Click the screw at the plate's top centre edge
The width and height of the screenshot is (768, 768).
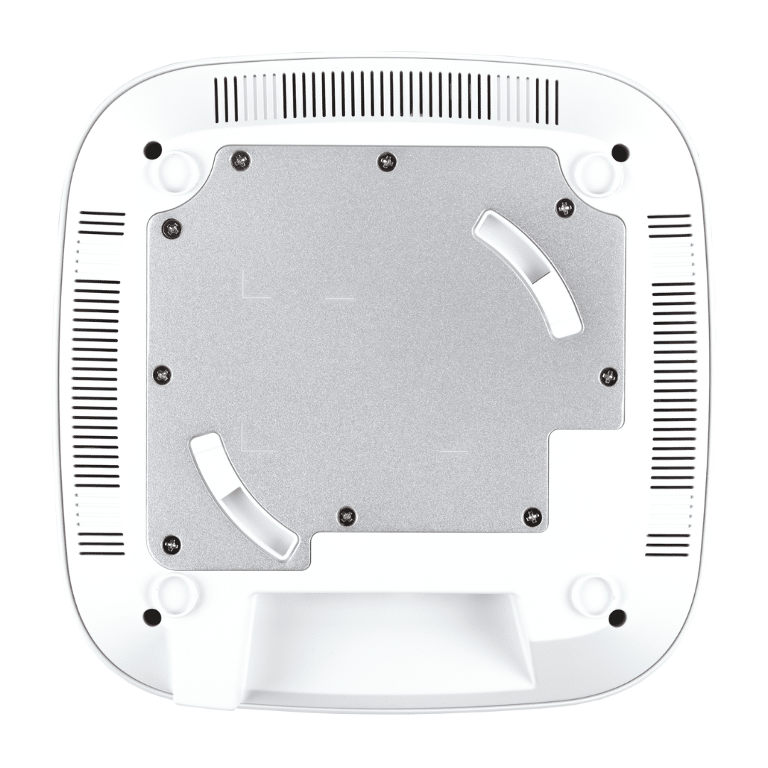point(386,162)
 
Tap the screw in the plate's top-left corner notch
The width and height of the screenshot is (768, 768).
point(241,161)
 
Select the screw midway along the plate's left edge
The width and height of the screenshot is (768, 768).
point(162,374)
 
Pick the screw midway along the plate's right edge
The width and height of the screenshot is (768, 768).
point(609,376)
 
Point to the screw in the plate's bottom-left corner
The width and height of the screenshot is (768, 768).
point(171,545)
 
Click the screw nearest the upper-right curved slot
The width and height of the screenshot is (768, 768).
point(565,208)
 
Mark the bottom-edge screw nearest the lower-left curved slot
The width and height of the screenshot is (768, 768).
point(346,516)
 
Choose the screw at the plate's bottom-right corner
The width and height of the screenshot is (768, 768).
point(532,517)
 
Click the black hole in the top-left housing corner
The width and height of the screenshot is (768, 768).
point(152,151)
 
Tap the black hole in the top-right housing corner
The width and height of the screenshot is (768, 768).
point(620,153)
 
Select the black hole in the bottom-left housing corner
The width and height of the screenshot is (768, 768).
point(151,617)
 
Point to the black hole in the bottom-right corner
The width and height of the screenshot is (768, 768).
point(617,617)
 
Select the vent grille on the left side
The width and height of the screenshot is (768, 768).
point(97,384)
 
